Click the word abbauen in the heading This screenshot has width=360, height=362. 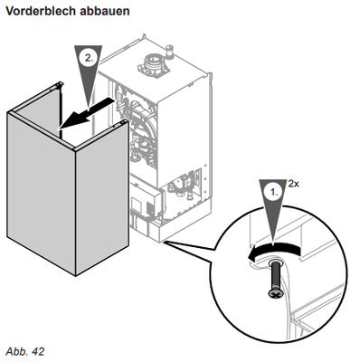click(x=104, y=11)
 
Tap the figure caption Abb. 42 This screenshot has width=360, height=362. click(x=25, y=351)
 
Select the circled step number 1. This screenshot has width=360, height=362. click(x=274, y=192)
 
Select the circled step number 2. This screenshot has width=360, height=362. click(x=89, y=58)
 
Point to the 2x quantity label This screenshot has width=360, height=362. click(x=293, y=184)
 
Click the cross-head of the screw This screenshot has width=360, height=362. click(x=275, y=293)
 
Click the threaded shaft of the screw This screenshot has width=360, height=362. click(x=276, y=274)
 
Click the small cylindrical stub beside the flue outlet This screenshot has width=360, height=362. click(x=170, y=52)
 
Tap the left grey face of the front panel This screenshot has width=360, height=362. click(x=41, y=193)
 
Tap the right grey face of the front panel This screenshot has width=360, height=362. click(x=102, y=197)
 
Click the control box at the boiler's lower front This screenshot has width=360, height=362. click(x=147, y=205)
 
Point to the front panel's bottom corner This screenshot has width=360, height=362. click(x=75, y=275)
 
